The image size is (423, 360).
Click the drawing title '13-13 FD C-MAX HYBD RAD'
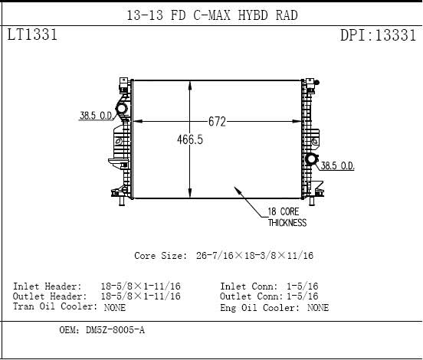click(x=212, y=15)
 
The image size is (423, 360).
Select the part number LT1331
click(x=32, y=34)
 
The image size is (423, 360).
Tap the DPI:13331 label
click(x=379, y=35)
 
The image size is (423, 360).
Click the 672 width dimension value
click(x=217, y=122)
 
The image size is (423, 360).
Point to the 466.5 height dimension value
click(x=190, y=139)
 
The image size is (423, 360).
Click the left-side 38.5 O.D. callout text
click(x=96, y=116)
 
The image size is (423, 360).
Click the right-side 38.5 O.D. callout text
click(x=337, y=165)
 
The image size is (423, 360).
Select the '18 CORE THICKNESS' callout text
click(x=287, y=217)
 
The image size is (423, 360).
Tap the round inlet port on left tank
click(x=121, y=109)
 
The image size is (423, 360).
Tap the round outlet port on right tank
click(x=312, y=159)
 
